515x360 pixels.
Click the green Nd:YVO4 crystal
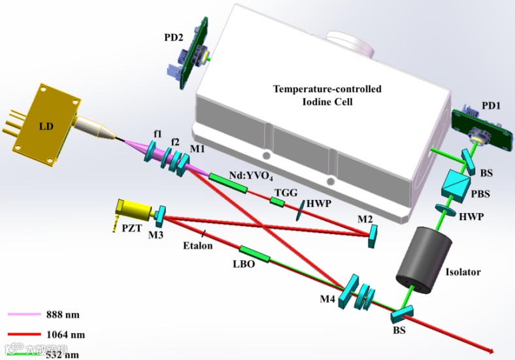[x=228, y=182]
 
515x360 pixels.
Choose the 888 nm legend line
[x=27, y=315]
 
